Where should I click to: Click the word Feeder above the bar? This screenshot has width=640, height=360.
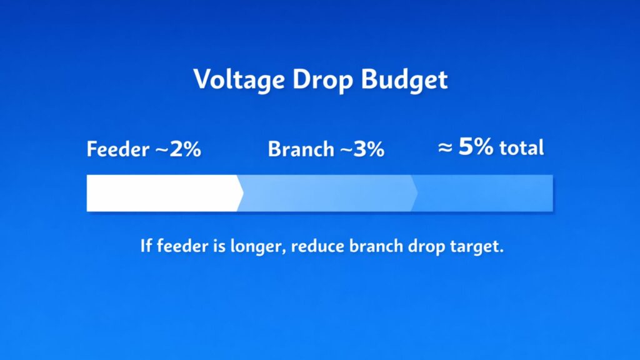(x=118, y=150)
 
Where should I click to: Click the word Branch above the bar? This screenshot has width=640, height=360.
(x=301, y=150)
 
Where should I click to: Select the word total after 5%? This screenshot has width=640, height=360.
(x=521, y=148)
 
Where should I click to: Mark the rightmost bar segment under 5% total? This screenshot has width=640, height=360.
(x=482, y=193)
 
